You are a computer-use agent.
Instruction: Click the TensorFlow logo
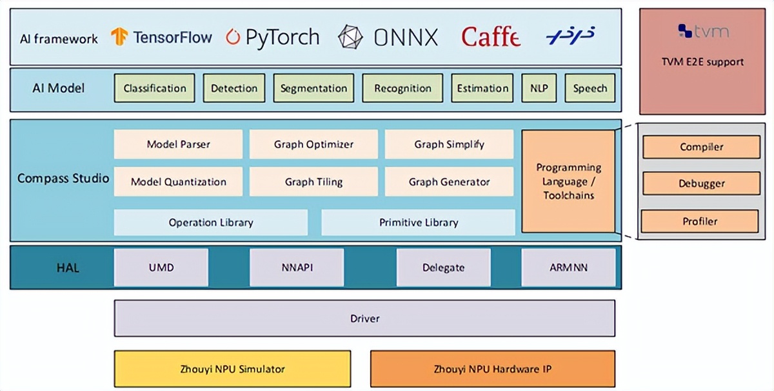coord(161,37)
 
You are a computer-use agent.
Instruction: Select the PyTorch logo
coord(272,37)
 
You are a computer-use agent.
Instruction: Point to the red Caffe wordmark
coord(490,37)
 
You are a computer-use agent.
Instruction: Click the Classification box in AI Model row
coord(155,88)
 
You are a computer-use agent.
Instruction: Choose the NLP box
coord(539,88)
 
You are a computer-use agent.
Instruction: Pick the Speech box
coord(590,88)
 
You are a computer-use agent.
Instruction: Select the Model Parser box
coord(178,145)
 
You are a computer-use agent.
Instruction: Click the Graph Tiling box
coord(313,182)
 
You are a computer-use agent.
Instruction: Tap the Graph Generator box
coord(449,182)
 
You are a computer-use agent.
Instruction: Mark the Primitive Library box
coord(418,223)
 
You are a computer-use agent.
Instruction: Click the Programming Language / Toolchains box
coord(568,181)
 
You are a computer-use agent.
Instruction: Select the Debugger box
coord(701,184)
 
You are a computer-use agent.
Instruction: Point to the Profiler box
coord(700,221)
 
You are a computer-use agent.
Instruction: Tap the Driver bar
coord(364,318)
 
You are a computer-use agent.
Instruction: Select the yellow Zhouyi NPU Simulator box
coord(232,369)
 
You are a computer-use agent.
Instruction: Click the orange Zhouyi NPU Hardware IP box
coord(493,369)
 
